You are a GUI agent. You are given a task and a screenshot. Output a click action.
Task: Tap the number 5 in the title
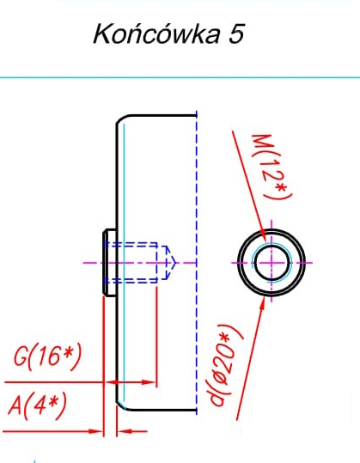236,34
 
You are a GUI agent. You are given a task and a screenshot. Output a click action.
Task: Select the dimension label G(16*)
47,356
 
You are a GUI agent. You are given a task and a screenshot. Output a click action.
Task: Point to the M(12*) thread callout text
272,167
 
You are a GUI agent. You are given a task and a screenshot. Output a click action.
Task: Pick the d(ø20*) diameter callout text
226,365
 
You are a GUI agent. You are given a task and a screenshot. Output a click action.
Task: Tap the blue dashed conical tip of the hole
171,263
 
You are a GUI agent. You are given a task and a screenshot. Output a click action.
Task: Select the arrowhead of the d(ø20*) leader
261,304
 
